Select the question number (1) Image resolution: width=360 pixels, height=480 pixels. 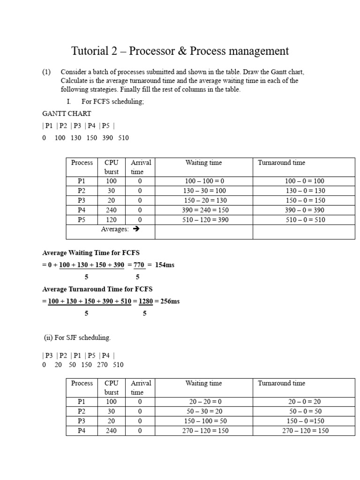(46, 72)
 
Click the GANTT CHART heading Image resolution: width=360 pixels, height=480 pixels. (67, 113)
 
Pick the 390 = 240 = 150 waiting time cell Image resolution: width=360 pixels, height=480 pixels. (203, 210)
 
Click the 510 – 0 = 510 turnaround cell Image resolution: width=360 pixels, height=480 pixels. (304, 220)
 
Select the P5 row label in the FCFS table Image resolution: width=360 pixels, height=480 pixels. (82, 220)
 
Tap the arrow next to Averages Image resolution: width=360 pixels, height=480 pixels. (136, 230)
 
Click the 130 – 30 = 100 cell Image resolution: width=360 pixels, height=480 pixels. (203, 191)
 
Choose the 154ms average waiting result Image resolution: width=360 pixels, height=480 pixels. (165, 265)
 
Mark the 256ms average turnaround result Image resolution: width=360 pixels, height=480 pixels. (170, 301)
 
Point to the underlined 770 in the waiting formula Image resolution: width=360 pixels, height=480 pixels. (138, 265)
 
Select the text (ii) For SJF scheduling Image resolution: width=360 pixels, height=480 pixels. (77, 337)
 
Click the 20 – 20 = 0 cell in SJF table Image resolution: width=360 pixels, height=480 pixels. (203, 402)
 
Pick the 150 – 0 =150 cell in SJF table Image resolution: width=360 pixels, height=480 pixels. (304, 421)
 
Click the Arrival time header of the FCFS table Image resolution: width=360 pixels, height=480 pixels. (141, 167)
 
